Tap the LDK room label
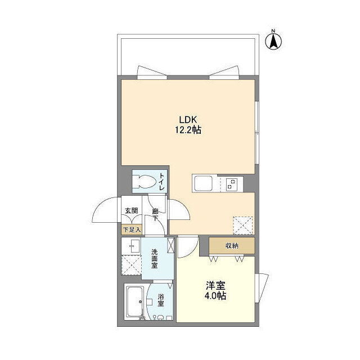coord(188,120)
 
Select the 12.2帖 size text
coord(188,130)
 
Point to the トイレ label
coord(162,182)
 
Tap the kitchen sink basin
coord(204,184)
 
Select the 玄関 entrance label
coord(131,210)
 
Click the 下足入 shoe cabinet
coord(132,229)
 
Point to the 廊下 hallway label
coord(155,214)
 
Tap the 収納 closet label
coord(232,246)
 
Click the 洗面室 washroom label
coord(154,259)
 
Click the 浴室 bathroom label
coord(161,300)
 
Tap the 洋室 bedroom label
coord(215,285)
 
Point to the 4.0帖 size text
coord(215,296)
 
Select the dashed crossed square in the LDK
coord(242,225)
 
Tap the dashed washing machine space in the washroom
coord(131,265)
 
